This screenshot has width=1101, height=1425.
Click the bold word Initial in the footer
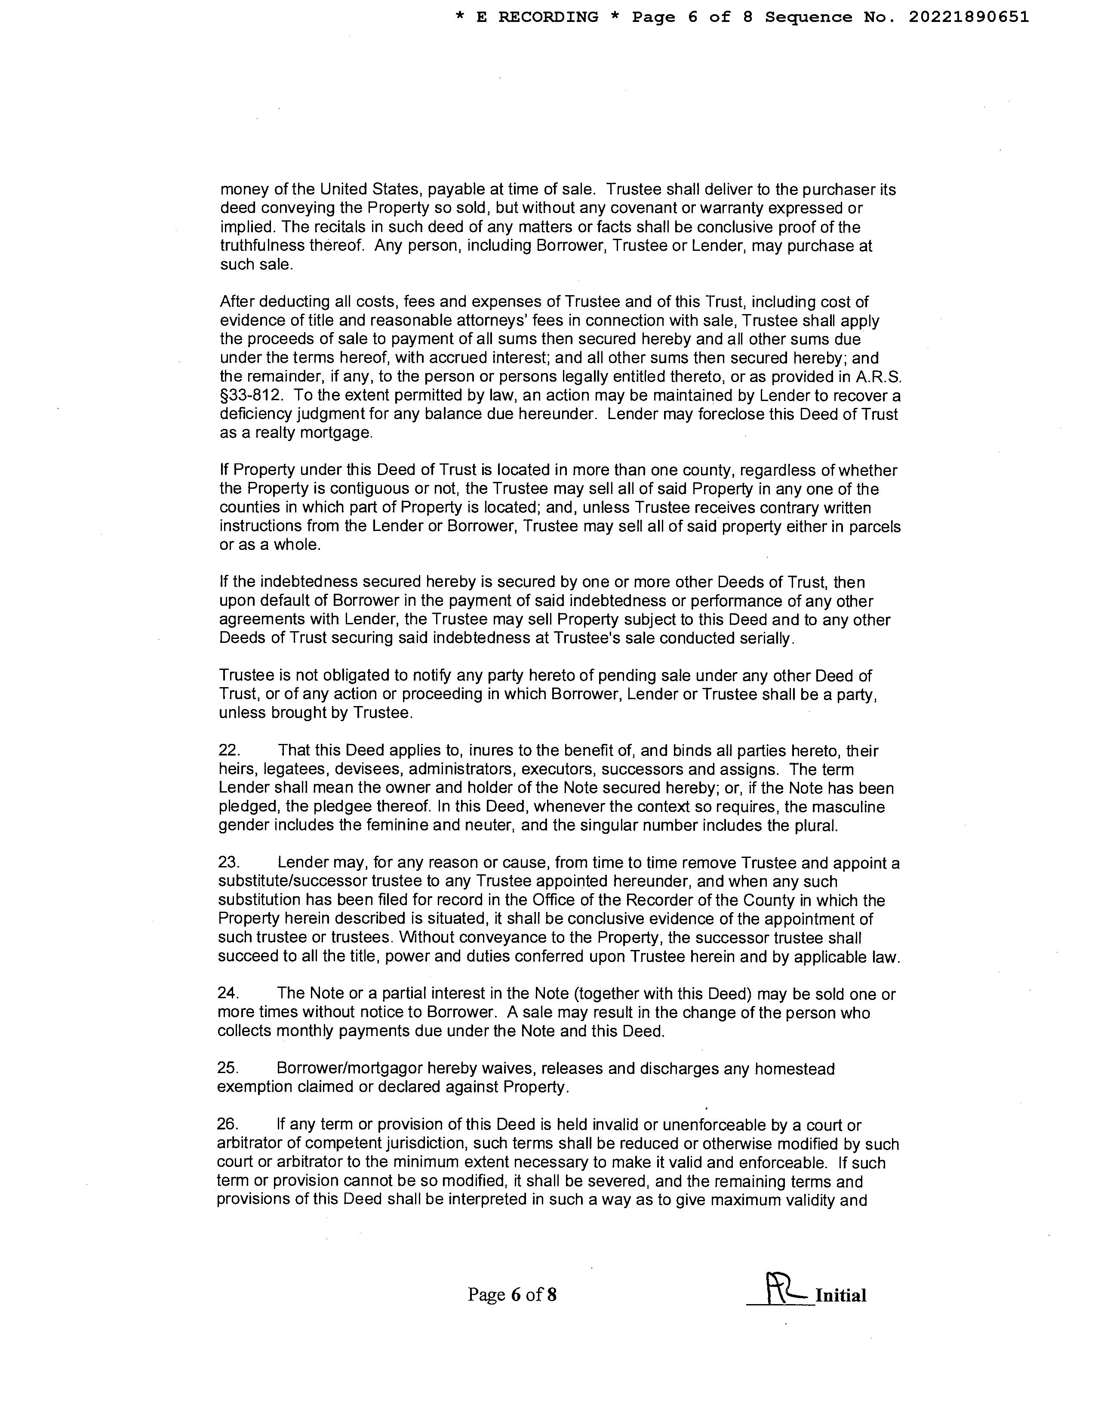(841, 1296)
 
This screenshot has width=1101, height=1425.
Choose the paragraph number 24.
(228, 994)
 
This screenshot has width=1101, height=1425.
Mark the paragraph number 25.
(228, 1069)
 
